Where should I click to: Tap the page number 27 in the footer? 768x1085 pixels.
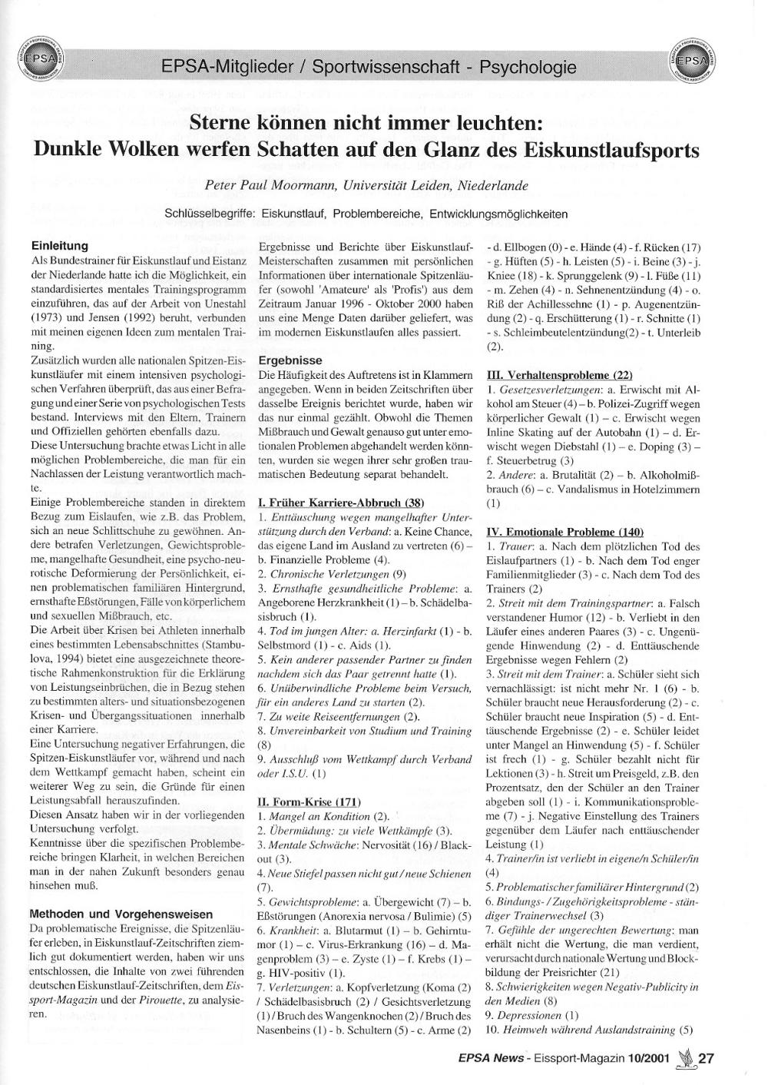pyautogui.click(x=707, y=1058)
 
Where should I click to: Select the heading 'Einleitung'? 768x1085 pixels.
pyautogui.click(x=59, y=246)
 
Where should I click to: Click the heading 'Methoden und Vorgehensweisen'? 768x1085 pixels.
pyautogui.click(x=121, y=914)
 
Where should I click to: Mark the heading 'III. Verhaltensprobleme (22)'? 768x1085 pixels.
pyautogui.click(x=560, y=375)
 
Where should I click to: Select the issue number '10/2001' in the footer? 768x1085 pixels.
pyautogui.click(x=647, y=1058)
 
